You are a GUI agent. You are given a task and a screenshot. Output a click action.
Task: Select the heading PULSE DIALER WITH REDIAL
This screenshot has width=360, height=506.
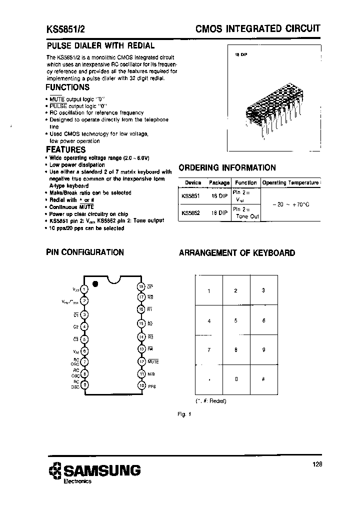pos(100,45)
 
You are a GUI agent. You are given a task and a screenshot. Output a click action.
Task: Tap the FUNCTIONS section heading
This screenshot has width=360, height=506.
pos(67,87)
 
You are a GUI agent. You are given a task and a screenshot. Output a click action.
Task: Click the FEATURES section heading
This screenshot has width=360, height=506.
pos(65,149)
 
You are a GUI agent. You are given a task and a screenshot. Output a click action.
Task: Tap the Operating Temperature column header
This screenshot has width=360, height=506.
pos(290,182)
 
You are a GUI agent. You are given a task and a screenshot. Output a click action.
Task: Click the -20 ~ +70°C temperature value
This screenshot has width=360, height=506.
pos(290,204)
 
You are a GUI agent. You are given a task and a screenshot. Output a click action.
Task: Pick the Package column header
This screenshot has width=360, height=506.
pos(219,182)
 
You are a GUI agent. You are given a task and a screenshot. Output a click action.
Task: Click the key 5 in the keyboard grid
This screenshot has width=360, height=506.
pos(235,320)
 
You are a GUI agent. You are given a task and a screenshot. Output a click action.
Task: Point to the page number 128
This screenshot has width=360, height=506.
pos(317,464)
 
